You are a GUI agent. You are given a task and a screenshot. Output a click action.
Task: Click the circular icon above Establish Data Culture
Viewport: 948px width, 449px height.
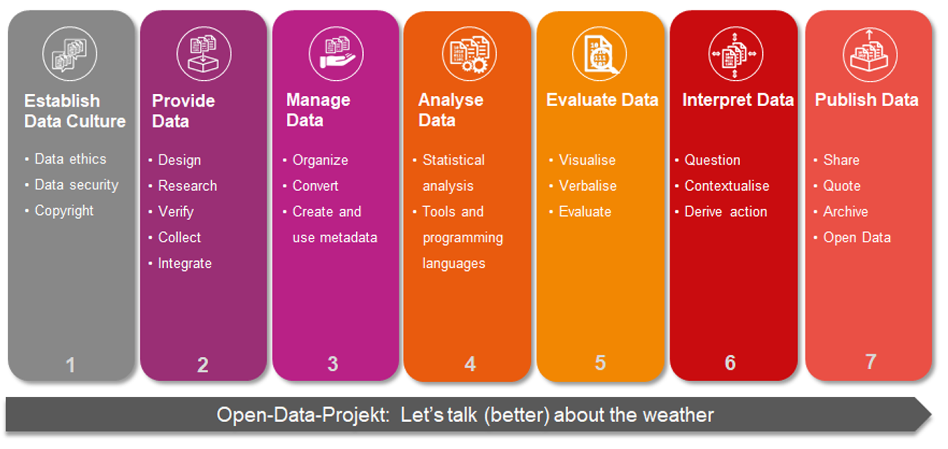[70, 54]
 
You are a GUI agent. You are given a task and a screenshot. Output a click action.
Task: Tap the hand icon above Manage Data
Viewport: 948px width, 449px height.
[336, 54]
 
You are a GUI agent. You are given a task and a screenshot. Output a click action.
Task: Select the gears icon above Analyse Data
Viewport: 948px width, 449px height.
[469, 54]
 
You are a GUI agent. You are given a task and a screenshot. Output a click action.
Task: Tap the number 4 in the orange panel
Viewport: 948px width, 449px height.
[470, 364]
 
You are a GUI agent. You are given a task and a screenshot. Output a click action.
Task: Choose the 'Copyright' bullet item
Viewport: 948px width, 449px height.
[64, 211]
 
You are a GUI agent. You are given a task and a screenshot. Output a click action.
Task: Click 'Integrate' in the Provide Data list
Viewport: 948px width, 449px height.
[185, 264]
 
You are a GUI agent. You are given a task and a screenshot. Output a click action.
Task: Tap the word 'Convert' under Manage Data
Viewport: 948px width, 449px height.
[315, 186]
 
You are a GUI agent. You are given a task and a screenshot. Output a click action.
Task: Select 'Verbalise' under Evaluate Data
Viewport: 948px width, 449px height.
[587, 186]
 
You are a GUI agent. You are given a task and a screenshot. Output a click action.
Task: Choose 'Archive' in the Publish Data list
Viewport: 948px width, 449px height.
[845, 212]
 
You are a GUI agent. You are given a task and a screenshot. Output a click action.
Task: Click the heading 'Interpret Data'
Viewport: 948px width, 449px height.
[738, 100]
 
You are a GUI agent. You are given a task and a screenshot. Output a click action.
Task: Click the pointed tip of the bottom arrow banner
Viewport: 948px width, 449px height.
[931, 415]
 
